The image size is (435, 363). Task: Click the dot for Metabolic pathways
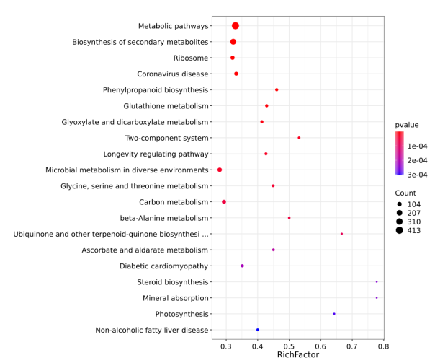(x=236, y=26)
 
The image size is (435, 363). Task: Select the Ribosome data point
(x=232, y=58)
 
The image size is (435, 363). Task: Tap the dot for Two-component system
(x=299, y=138)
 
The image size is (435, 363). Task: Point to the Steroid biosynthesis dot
(x=377, y=282)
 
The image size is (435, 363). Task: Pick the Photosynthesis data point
(x=334, y=314)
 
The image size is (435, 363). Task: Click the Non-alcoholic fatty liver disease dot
(x=257, y=330)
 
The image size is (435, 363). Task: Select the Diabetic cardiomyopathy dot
(x=242, y=266)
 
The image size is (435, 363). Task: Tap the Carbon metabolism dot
(x=224, y=202)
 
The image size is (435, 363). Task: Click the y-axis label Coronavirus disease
(x=173, y=74)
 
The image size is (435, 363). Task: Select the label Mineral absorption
(x=176, y=298)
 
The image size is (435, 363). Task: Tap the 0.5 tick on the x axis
(x=290, y=346)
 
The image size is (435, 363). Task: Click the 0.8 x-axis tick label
(x=384, y=346)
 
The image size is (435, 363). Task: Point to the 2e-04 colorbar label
(x=418, y=160)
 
